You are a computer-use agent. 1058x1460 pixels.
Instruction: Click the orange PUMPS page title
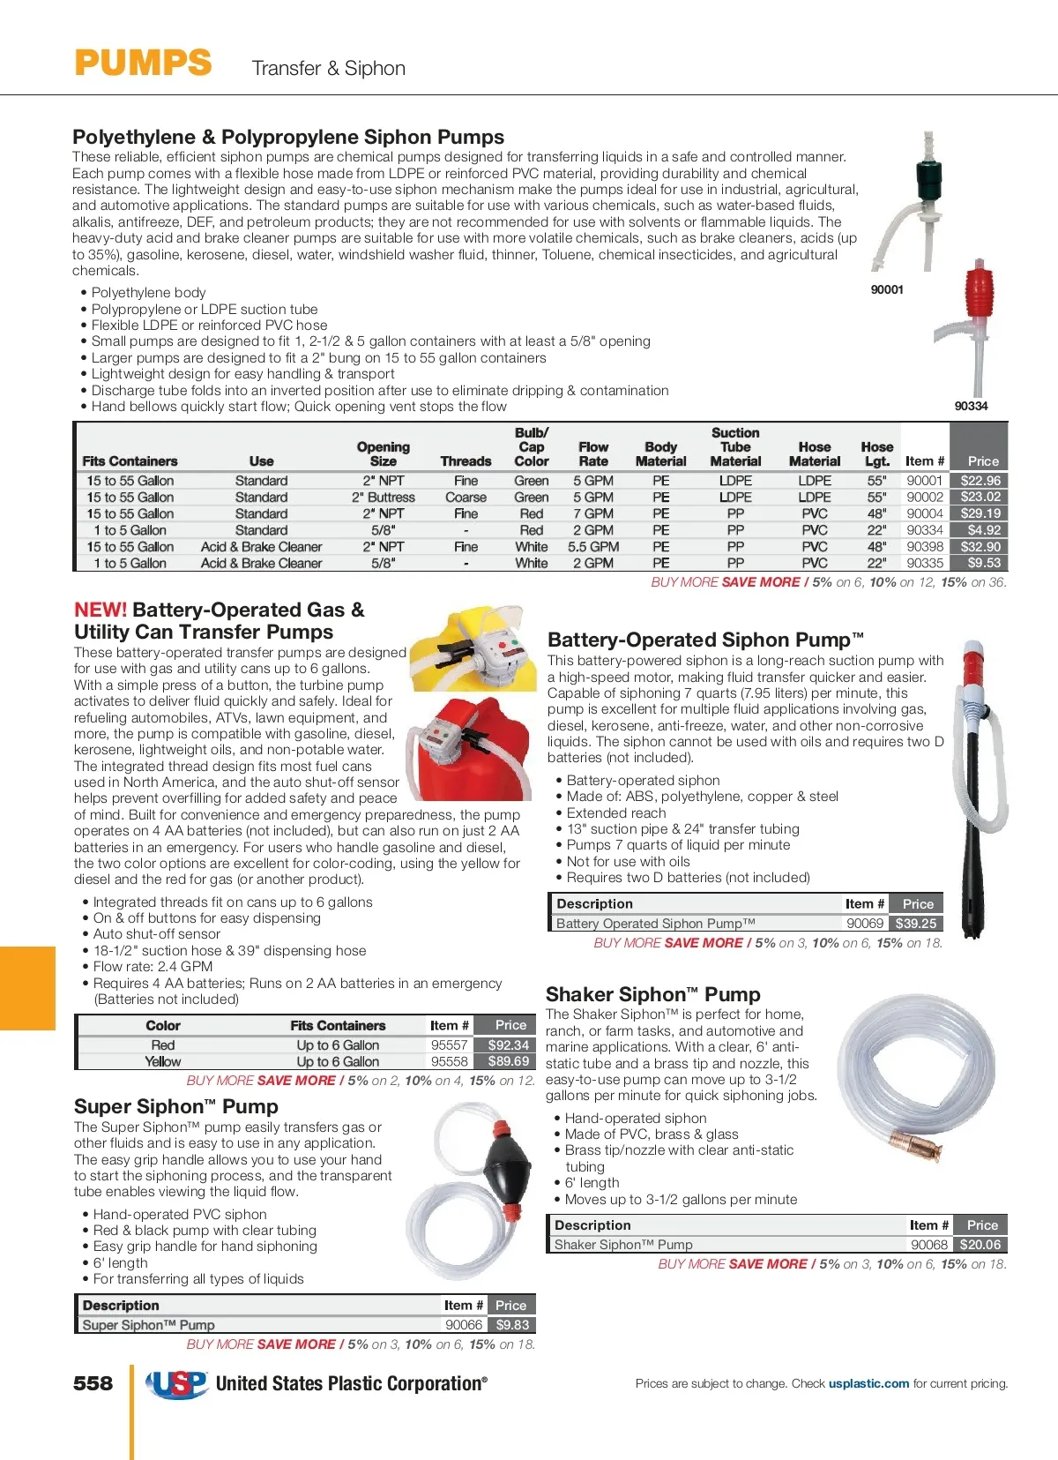pyautogui.click(x=143, y=64)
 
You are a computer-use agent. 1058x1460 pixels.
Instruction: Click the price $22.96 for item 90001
pyautogui.click(x=980, y=481)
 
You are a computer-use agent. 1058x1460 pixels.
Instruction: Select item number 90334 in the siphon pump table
pyautogui.click(x=924, y=530)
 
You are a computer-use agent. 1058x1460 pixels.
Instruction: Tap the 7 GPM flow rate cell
pyautogui.click(x=592, y=513)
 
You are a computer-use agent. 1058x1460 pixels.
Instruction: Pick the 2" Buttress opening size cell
pyautogui.click(x=383, y=498)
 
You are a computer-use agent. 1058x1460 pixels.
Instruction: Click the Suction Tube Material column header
pyautogui.click(x=735, y=447)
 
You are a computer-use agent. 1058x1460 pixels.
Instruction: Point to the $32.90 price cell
pyautogui.click(x=980, y=547)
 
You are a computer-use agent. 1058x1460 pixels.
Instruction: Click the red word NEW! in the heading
pyautogui.click(x=101, y=610)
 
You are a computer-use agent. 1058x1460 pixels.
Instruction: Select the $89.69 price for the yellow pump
pyautogui.click(x=508, y=1061)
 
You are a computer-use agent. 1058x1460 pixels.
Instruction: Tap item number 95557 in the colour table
pyautogui.click(x=449, y=1044)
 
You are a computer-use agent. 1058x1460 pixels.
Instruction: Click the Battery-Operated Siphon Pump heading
pyautogui.click(x=704, y=640)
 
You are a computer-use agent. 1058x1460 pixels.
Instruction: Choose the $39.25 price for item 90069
pyautogui.click(x=915, y=924)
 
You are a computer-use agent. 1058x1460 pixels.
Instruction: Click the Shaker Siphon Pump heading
pyautogui.click(x=652, y=994)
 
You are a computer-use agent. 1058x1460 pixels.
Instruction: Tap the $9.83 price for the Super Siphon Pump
pyautogui.click(x=511, y=1324)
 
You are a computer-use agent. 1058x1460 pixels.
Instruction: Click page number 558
pyautogui.click(x=93, y=1383)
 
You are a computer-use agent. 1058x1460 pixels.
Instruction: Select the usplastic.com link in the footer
pyautogui.click(x=868, y=1383)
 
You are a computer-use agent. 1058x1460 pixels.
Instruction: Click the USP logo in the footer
pyautogui.click(x=176, y=1384)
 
